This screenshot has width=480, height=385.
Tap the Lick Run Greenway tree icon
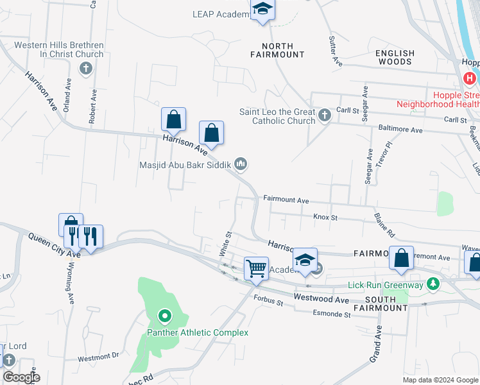tap(433, 283)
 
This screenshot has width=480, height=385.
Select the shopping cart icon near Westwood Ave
tap(256, 268)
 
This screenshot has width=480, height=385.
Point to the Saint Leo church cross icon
tap(325, 116)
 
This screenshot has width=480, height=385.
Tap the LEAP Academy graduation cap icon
tap(262, 10)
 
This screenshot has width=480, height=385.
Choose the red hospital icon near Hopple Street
tap(470, 79)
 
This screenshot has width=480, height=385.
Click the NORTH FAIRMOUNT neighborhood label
tap(277, 50)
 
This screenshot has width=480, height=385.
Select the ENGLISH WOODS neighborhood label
tap(395, 58)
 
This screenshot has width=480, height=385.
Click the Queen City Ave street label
tap(54, 244)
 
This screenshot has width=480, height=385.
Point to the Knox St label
tap(325, 218)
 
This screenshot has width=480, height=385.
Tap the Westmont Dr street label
tap(98, 355)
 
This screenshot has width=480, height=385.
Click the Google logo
tap(21, 377)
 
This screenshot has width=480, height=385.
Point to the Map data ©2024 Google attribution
tap(440, 380)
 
